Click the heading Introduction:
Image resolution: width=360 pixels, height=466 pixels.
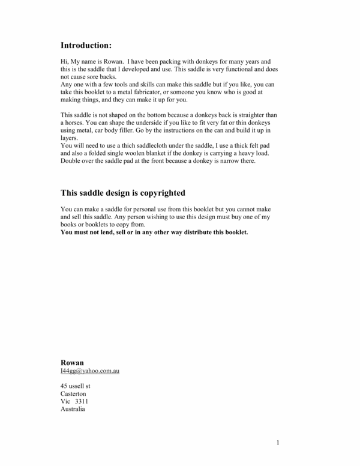coord(86,45)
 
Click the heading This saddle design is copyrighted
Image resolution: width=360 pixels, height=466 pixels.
coord(123,193)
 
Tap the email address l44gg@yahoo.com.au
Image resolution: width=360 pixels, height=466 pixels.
coord(90,371)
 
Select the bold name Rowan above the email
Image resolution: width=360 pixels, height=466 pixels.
coord(72,363)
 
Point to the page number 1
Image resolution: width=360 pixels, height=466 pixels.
coord(278,443)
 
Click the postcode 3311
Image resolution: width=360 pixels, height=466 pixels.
coord(82,401)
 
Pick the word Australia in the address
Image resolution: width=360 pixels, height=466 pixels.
coord(73,409)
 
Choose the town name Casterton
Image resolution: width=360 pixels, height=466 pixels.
coord(73,393)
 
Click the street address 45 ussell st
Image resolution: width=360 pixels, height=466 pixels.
coord(76,386)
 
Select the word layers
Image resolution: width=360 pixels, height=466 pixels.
coord(70,138)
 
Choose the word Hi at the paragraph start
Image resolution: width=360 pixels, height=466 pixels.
coord(64,61)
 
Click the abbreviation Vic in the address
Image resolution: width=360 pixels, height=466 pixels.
coord(66,401)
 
